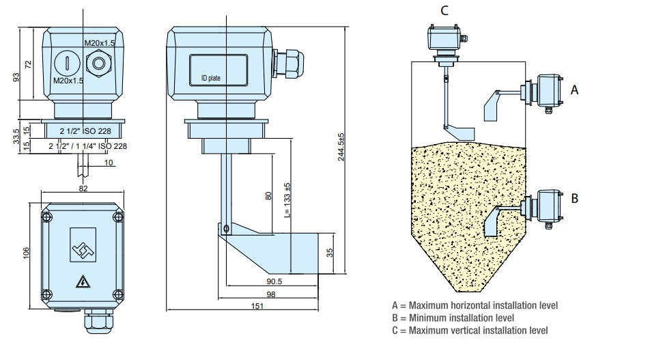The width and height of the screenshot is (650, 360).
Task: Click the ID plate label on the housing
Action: coord(210,79)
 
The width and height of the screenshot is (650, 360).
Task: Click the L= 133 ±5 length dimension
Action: coord(288,200)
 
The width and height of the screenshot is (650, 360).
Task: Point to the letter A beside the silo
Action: coord(574,89)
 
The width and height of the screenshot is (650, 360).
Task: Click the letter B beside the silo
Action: coord(574,198)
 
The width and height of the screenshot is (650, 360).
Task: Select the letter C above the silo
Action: coord(444,10)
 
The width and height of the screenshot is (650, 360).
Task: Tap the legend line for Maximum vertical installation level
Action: coord(470,331)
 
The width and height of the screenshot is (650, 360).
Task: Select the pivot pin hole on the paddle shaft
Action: coord(225,227)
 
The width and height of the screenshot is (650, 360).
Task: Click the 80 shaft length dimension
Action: coord(268,196)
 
